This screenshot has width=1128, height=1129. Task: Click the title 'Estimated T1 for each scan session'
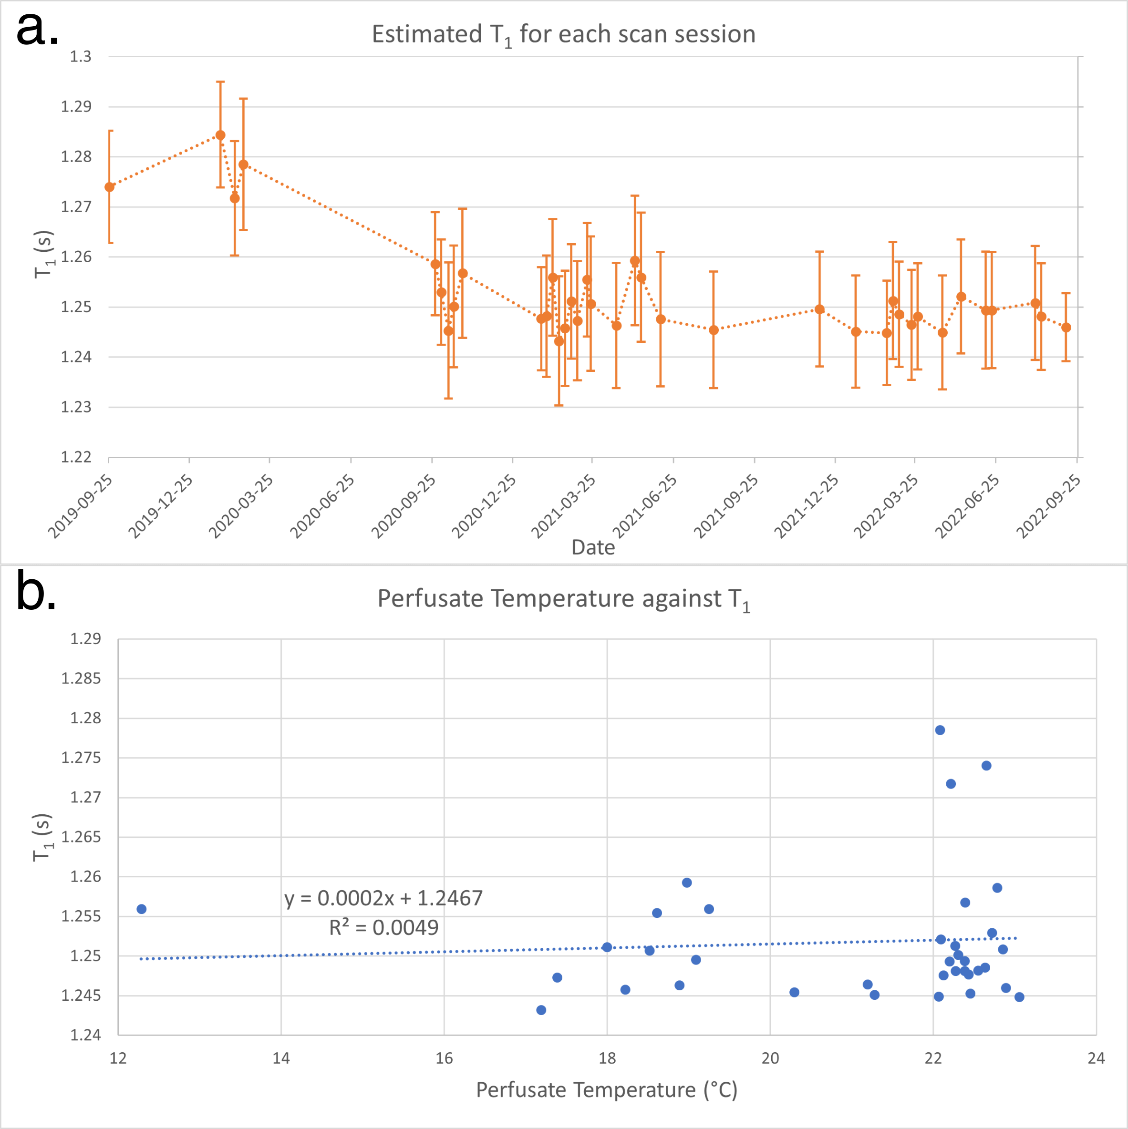563,35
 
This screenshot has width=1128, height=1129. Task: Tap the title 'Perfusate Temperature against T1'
563,600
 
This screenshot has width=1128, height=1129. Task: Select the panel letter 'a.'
37,28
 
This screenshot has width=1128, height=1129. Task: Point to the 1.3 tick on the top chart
81,57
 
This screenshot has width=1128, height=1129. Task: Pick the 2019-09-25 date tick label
80,506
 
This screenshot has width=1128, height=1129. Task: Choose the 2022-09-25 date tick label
1048,506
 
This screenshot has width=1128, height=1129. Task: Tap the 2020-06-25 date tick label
322,506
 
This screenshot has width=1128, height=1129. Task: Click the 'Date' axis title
593,547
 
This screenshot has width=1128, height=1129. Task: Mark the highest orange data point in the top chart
220,135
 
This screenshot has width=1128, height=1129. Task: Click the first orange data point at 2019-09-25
109,187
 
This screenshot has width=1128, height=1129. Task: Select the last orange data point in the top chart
1066,327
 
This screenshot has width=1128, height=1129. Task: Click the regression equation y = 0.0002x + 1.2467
383,898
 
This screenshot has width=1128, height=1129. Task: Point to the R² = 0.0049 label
383,927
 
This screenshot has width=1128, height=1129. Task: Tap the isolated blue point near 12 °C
142,909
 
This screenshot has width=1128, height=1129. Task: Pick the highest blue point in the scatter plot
940,730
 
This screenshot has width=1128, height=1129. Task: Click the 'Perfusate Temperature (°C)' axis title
607,1090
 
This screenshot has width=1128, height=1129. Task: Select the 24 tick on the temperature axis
1097,1058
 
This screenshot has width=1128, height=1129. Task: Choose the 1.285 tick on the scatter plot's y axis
81,678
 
